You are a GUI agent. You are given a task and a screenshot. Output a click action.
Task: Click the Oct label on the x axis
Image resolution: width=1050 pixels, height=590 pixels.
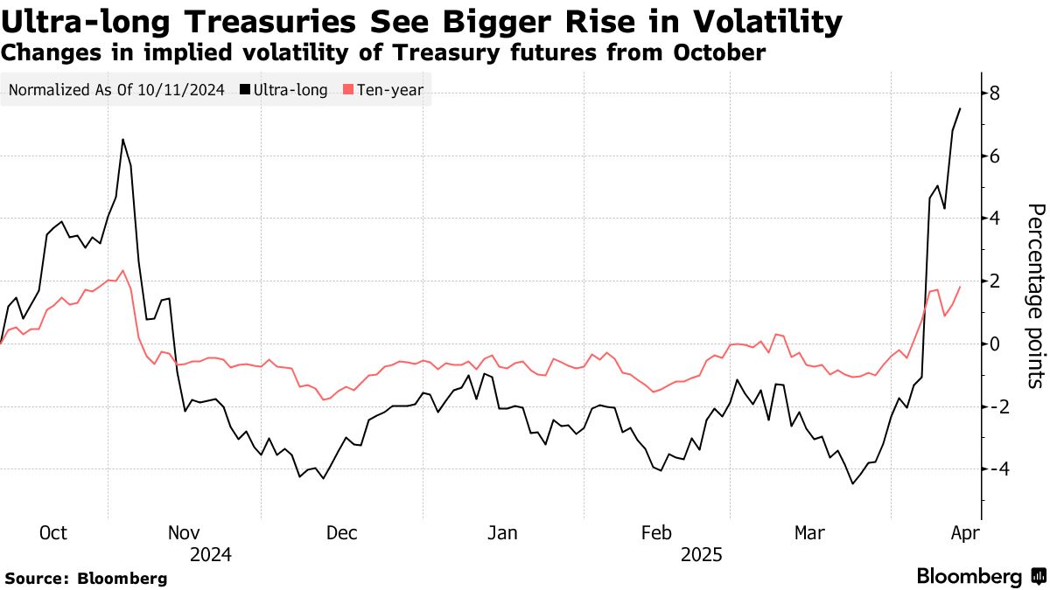[54, 532]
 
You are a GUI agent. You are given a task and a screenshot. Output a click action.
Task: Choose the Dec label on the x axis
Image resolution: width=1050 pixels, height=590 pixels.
[340, 532]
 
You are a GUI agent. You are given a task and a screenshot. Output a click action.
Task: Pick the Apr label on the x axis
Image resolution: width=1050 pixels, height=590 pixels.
[963, 532]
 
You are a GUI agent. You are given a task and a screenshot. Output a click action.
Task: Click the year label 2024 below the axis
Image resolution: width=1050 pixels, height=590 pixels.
[210, 554]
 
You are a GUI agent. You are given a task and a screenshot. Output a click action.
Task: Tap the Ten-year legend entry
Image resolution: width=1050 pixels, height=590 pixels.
[389, 89]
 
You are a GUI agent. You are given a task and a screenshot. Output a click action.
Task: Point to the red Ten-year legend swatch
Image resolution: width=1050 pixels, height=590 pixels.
[348, 89]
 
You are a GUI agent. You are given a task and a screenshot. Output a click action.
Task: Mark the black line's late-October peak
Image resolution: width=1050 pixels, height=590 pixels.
[122, 140]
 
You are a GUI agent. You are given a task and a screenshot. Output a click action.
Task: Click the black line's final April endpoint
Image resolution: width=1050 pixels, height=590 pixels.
[960, 108]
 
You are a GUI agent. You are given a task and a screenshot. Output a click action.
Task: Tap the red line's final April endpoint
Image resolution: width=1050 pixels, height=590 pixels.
[960, 287]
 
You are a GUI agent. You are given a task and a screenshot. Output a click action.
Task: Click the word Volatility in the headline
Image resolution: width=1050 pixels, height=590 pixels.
[743, 21]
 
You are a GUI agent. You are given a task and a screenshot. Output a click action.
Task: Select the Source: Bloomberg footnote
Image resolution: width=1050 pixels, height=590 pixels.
[86, 578]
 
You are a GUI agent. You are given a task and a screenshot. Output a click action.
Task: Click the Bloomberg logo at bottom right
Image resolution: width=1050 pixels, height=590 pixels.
[980, 576]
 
